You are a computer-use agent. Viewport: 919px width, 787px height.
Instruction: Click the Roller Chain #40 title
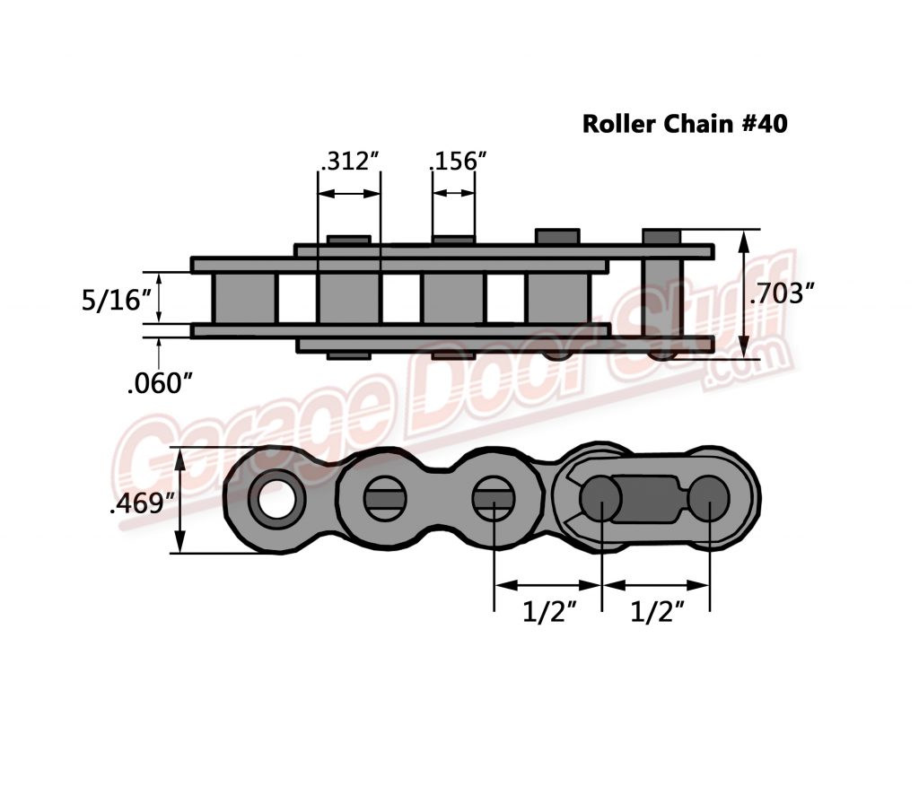(x=685, y=124)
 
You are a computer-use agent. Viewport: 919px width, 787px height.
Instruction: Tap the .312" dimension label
(x=350, y=162)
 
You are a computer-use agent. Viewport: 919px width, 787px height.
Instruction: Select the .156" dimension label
(x=458, y=162)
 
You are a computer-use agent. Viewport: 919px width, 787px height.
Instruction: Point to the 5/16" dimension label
(x=115, y=300)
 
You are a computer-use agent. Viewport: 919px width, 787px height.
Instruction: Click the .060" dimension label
(x=161, y=383)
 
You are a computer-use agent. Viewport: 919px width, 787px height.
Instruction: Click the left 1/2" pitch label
(x=549, y=614)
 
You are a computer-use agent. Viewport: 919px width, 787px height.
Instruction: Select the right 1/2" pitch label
(x=658, y=614)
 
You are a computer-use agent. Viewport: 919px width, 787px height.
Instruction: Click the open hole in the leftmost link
(x=276, y=496)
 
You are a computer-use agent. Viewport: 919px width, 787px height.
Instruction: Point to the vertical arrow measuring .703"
(x=744, y=293)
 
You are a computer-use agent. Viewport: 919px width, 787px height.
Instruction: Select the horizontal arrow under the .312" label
(x=349, y=193)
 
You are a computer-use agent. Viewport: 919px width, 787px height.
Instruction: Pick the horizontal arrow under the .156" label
(x=453, y=193)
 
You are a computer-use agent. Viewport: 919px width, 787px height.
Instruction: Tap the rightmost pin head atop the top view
(x=662, y=237)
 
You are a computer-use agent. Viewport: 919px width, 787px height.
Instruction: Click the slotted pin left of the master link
(x=494, y=496)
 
